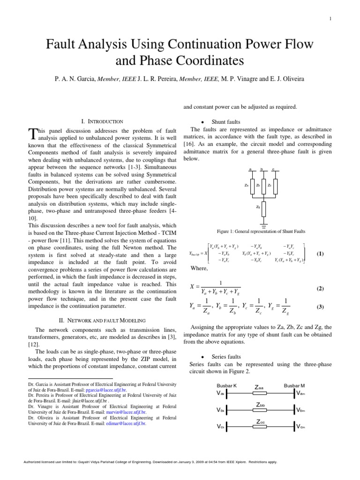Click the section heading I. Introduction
(102, 121)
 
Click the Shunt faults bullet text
(225, 121)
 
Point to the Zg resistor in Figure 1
(264, 206)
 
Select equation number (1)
(320, 254)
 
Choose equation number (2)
(320, 289)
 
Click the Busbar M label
(294, 385)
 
